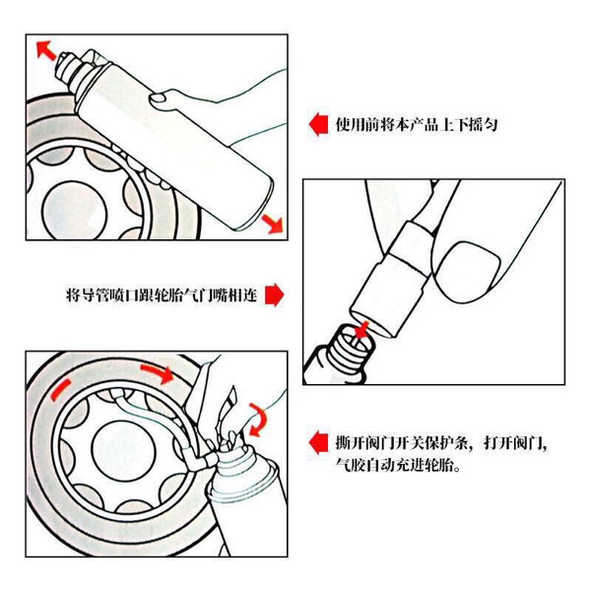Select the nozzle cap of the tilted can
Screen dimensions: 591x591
(71, 67)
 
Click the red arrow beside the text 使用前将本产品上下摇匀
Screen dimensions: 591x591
(317, 125)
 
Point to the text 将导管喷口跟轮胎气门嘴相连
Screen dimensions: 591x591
(162, 295)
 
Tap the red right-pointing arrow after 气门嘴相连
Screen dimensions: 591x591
(275, 295)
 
